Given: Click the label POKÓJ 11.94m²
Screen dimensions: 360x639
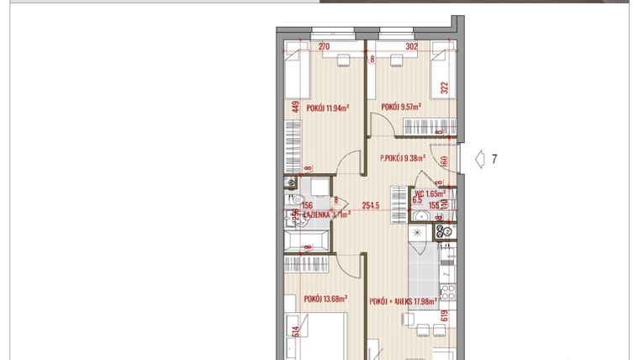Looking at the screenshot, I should pos(327,107).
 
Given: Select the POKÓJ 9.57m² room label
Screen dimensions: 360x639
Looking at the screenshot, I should pos(401,107).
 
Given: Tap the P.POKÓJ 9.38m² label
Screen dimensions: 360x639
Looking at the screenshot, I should pos(403,157).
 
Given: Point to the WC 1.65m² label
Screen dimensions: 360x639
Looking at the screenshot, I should pos(429,193).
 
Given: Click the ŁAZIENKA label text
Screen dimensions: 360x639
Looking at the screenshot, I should pos(315,214).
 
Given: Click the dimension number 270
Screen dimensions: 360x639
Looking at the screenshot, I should pos(323,48).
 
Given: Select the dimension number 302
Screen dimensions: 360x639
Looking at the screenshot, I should pos(411,48).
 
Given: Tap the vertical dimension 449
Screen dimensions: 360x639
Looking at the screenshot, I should pos(296,107).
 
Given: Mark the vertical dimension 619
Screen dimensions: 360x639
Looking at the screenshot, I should pos(445,316).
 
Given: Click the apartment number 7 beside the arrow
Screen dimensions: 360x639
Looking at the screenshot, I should pos(494,158).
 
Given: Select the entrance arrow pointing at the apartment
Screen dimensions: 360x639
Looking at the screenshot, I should pos(480,158).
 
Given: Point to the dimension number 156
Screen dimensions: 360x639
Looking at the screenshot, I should pos(307,205).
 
